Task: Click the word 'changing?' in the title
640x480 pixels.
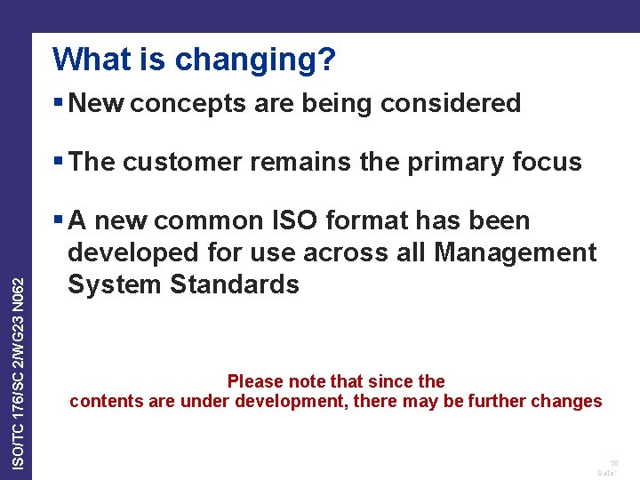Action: [x=256, y=60]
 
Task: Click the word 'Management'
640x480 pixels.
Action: [x=516, y=253]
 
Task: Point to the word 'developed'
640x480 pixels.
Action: [x=131, y=253]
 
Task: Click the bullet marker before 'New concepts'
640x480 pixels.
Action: [x=58, y=103]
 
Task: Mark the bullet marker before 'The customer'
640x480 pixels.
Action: [x=58, y=162]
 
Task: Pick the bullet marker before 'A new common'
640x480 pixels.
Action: [x=58, y=220]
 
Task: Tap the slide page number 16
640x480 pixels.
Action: [x=613, y=464]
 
